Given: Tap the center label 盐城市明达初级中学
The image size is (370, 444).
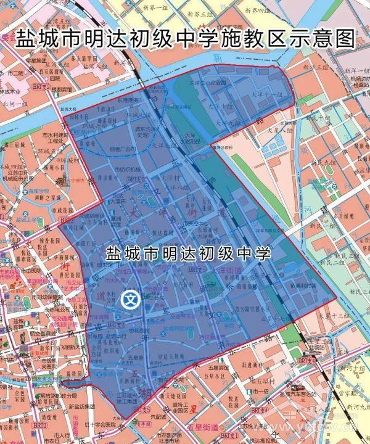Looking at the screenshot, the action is [188, 253].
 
